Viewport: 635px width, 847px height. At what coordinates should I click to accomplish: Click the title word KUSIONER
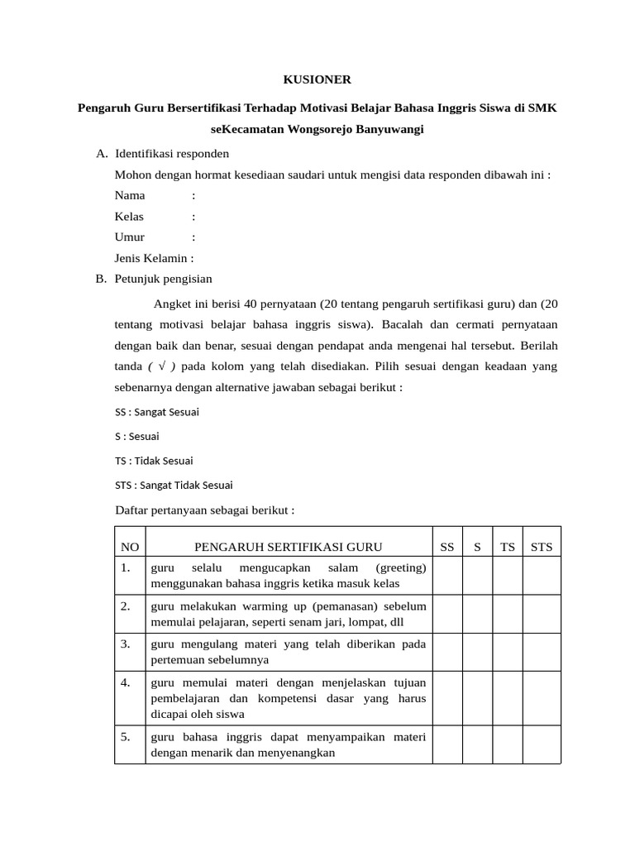317,79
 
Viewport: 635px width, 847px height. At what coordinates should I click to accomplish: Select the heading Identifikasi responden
172,154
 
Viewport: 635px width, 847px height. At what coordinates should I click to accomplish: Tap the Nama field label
130,195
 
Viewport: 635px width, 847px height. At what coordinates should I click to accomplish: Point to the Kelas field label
129,216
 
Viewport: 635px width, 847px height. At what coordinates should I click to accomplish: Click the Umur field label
130,237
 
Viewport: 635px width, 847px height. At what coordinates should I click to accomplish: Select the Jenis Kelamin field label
154,257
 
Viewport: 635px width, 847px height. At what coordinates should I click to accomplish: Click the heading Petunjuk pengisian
164,279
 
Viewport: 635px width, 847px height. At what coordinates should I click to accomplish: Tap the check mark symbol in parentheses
161,366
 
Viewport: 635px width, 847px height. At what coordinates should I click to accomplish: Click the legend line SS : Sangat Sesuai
156,411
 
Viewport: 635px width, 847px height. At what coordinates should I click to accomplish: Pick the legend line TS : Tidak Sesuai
154,461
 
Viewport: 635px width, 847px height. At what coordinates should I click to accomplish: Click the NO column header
130,547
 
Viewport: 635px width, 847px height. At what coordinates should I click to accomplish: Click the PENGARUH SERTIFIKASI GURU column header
288,547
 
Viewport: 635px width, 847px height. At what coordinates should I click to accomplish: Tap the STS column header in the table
542,547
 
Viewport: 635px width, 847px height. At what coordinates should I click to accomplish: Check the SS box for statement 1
447,575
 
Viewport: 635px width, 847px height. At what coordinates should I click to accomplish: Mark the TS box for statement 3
508,652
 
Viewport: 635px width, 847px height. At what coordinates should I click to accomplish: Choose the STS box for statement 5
542,744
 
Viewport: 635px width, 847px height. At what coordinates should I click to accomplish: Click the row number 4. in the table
126,682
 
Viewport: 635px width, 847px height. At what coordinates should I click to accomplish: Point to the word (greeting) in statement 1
401,567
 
